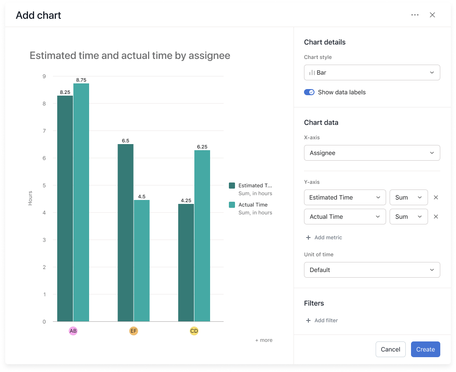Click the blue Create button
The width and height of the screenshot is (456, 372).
425,349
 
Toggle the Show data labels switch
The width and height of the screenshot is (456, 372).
309,92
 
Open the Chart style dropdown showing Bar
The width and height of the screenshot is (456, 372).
372,72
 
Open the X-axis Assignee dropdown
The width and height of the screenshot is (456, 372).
372,153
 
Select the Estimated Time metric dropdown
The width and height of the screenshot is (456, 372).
345,197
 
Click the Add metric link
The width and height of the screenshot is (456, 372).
324,238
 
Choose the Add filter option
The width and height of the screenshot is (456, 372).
321,320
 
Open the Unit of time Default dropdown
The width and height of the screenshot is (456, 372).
372,270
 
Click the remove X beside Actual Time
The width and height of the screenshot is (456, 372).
435,217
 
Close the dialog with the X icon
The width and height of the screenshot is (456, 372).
432,15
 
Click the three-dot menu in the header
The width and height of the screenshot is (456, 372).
415,15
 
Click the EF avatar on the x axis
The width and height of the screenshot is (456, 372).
134,331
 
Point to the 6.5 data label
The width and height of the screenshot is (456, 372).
125,141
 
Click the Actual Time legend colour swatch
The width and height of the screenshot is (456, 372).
232,205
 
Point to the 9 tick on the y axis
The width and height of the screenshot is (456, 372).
44,76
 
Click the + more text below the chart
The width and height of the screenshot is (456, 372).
264,340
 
